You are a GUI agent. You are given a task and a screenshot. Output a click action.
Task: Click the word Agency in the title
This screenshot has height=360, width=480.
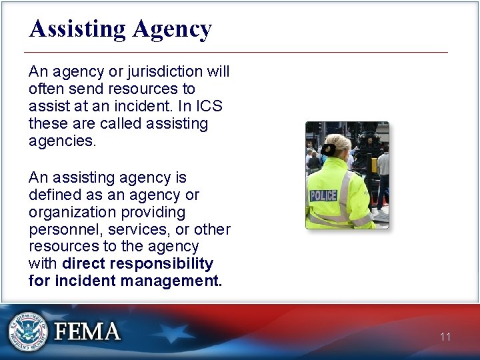click(172, 29)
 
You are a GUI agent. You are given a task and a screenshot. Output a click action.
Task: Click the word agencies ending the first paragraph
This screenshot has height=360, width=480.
click(63, 141)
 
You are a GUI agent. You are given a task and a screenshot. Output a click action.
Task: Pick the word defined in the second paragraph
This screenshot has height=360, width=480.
click(55, 195)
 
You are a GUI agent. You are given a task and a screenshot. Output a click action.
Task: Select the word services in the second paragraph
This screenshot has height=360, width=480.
click(139, 229)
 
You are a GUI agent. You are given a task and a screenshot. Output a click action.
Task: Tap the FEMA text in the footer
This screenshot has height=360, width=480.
click(87, 332)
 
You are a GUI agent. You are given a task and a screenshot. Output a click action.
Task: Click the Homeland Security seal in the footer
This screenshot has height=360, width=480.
click(27, 331)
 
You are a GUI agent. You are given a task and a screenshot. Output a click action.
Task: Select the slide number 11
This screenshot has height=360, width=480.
click(445, 337)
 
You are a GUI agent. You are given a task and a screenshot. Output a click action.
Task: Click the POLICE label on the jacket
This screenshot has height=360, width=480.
click(323, 195)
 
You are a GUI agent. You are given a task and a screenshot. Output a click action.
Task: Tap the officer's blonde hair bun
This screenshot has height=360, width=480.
click(327, 149)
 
